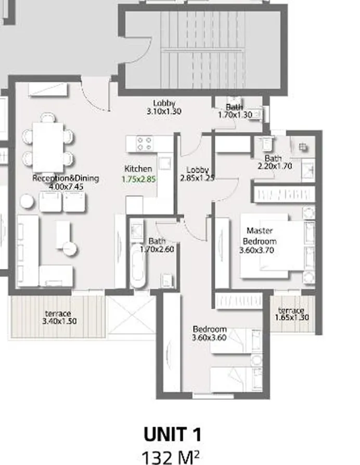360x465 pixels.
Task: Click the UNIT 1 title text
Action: coord(172,435)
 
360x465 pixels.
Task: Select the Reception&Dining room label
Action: coord(66,178)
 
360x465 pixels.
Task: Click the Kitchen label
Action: coord(138,169)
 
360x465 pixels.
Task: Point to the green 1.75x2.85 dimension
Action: coord(139,178)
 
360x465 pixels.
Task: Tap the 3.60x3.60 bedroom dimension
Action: coord(209,338)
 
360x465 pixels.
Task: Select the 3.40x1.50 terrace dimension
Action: coord(59,321)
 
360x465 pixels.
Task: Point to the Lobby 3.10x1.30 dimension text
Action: coord(164,111)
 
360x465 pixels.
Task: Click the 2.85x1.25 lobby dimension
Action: coord(197,178)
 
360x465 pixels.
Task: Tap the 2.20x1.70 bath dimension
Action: coord(274,166)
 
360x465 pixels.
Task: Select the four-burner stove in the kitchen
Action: coord(144,144)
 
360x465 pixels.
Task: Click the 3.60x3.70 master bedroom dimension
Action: coord(256,250)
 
